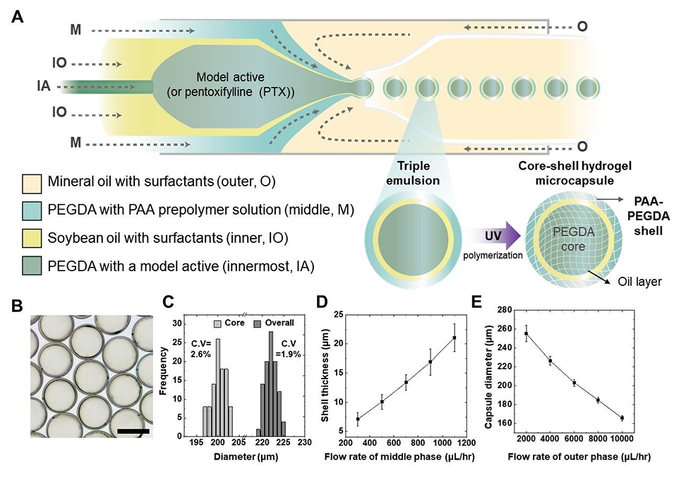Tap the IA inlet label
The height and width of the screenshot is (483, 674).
(x=44, y=87)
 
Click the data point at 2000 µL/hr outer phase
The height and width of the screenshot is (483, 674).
(x=526, y=333)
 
